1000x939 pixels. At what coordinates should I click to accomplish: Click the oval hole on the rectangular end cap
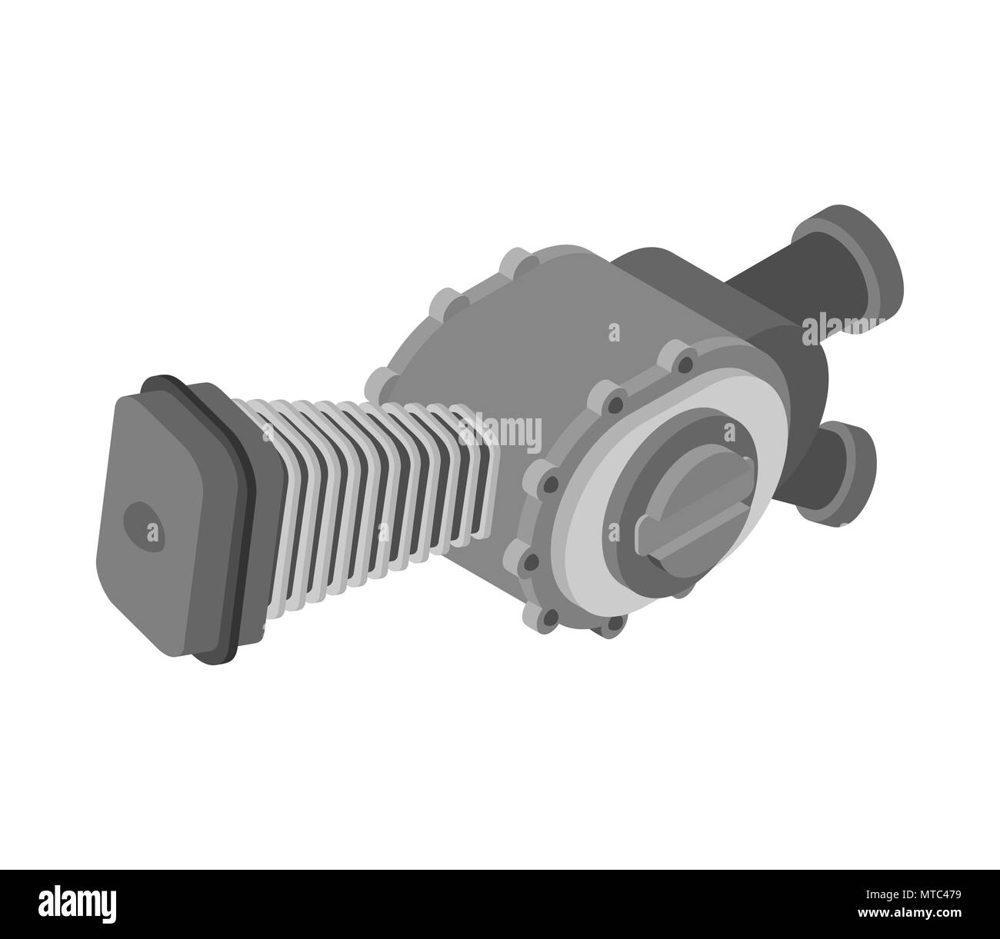pyautogui.click(x=144, y=526)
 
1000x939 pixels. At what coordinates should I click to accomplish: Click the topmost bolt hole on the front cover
pyautogui.click(x=685, y=365)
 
